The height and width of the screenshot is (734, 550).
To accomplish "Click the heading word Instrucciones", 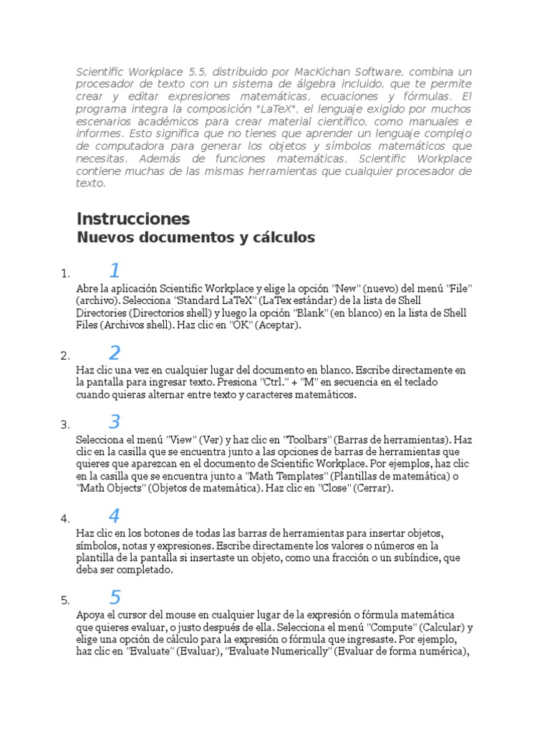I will pos(133,219).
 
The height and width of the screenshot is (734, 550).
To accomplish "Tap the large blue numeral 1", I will pos(115,271).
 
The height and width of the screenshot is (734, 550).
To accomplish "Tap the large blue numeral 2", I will pos(115,353).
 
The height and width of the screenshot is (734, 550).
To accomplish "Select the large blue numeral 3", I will pos(115,422).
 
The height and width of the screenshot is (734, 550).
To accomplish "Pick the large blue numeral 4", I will pos(115,516).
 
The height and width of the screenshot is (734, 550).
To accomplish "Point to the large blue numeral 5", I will pos(115,597).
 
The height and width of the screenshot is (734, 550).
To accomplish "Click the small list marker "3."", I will pos(65,425).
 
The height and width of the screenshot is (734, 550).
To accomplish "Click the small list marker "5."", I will pos(65,600).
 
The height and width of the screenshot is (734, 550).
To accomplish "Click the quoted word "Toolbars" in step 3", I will pos(307,439).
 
